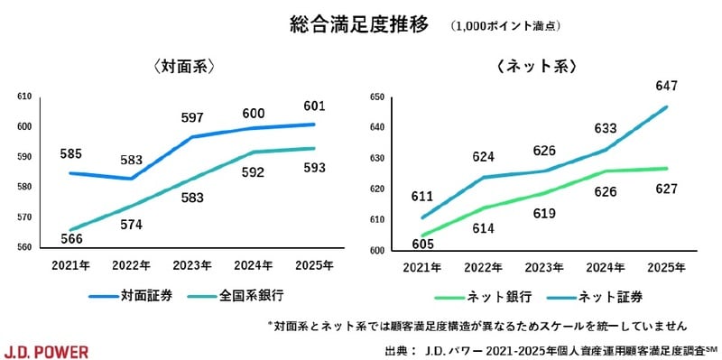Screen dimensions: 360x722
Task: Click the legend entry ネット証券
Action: click(601, 295)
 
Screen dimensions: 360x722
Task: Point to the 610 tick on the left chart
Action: click(24, 97)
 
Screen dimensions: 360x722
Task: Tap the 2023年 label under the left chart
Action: click(193, 266)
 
